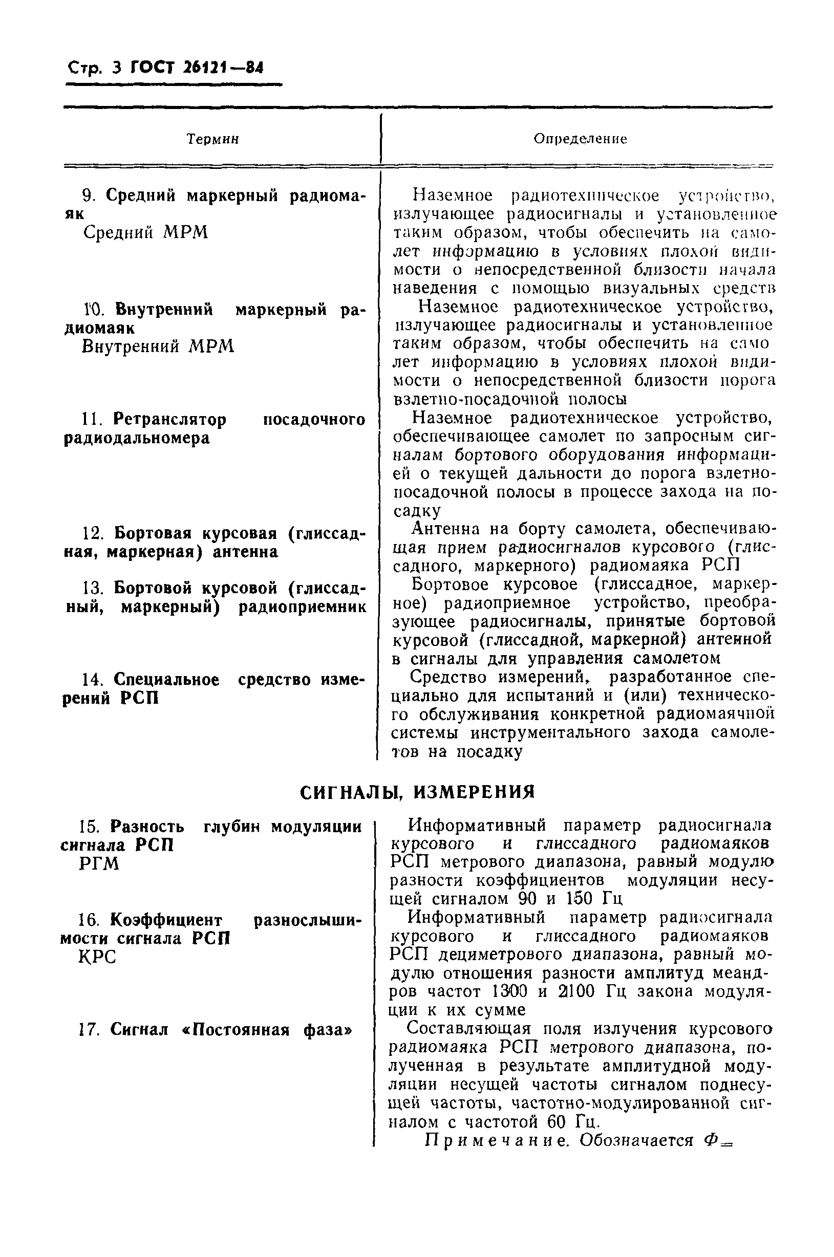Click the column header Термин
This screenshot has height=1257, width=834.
pos(212,139)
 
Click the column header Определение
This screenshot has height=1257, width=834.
pos(580,139)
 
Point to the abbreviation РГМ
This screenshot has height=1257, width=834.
pos(99,864)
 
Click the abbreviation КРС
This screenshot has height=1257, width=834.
pos(97,957)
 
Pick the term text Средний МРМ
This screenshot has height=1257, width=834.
pos(146,232)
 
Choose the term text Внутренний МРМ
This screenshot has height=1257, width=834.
pos(158,346)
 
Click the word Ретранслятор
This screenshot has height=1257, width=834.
pos(169,420)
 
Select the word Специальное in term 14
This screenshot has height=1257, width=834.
pos(166,680)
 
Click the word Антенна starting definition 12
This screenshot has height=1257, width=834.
pos(446,529)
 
